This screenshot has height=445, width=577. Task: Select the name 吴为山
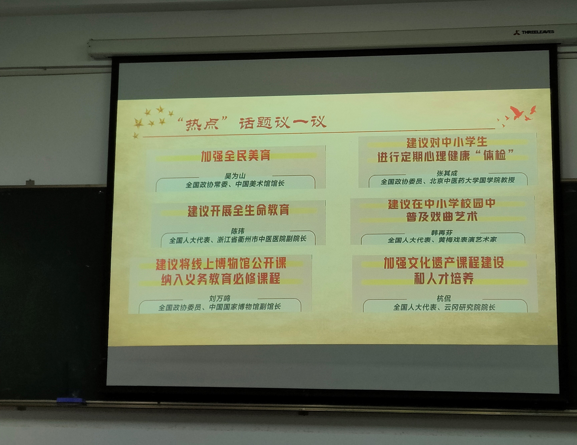235,176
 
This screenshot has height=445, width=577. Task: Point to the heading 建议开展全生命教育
238,210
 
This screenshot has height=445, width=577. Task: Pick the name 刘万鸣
220,299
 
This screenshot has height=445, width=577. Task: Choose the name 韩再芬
442,233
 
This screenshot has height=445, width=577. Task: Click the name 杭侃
444,299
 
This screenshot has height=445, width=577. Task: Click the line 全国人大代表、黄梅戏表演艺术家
442,240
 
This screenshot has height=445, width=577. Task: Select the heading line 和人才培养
444,278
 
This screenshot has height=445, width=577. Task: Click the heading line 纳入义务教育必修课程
221,279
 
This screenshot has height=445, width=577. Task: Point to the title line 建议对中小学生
446,143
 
